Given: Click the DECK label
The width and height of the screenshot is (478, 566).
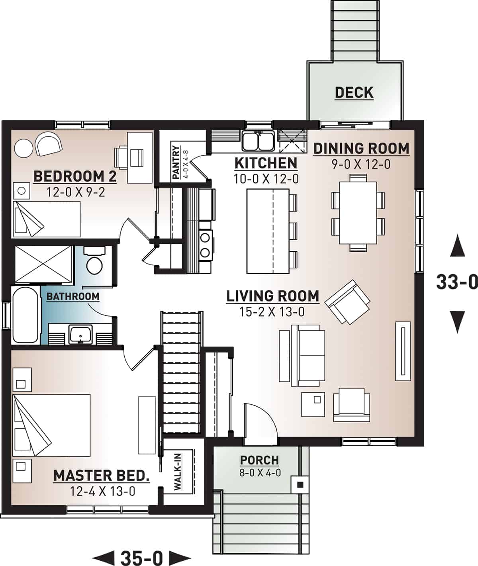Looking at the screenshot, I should pyautogui.click(x=354, y=92).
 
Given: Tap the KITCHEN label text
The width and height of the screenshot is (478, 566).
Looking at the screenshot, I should pyautogui.click(x=266, y=163).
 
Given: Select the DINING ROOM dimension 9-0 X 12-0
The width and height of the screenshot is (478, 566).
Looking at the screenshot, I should pyautogui.click(x=361, y=164).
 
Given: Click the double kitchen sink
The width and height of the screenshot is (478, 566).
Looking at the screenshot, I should pyautogui.click(x=258, y=141).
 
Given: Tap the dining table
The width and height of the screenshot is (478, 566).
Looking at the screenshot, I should pyautogui.click(x=358, y=213).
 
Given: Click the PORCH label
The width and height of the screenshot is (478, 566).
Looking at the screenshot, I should pyautogui.click(x=259, y=460).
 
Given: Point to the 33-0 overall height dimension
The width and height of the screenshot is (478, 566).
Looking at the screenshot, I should pyautogui.click(x=456, y=282).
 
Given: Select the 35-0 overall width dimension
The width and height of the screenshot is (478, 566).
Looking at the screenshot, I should pyautogui.click(x=141, y=558).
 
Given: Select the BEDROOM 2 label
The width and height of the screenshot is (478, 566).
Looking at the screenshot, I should pyautogui.click(x=75, y=176).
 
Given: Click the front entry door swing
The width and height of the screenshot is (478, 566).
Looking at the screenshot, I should pyautogui.click(x=259, y=422).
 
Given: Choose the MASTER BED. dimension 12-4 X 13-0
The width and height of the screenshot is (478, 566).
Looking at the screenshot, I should pyautogui.click(x=102, y=491).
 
